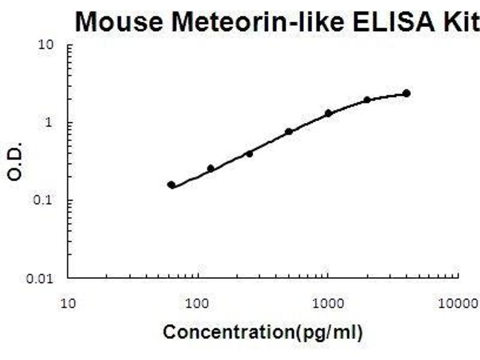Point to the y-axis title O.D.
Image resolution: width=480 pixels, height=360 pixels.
pyautogui.click(x=16, y=161)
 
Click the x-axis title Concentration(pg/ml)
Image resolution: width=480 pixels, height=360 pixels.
pyautogui.click(x=263, y=331)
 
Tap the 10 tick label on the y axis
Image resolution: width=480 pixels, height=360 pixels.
pyautogui.click(x=47, y=45)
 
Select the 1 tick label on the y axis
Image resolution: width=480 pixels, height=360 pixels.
pyautogui.click(x=52, y=123)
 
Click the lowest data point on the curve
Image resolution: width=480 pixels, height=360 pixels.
pyautogui.click(x=172, y=185)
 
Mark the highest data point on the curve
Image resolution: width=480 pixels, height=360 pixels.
pyautogui.click(x=406, y=93)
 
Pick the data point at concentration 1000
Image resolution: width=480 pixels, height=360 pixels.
pyautogui.click(x=328, y=113)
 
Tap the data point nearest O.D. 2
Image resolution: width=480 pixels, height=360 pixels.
pyautogui.click(x=367, y=100)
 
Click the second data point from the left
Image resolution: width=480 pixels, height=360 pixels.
pyautogui.click(x=211, y=169)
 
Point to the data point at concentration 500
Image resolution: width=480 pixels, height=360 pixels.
pyautogui.click(x=289, y=131)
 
